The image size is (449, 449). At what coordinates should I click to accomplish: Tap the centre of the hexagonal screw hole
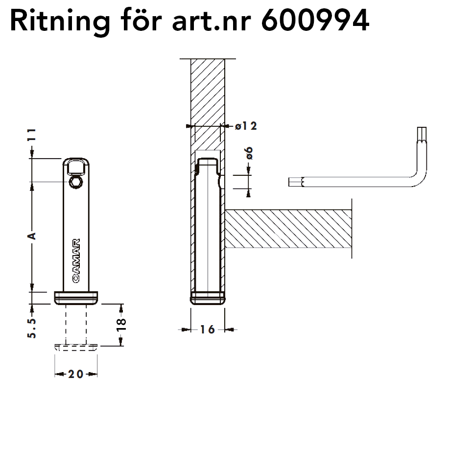76,182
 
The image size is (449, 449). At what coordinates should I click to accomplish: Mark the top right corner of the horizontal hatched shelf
352,210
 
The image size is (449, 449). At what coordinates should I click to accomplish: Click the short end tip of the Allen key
289,182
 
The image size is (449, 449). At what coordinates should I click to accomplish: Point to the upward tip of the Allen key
422,127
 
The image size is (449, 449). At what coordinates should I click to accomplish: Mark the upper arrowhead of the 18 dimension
120,308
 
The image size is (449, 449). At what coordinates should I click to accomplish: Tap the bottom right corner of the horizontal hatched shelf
352,248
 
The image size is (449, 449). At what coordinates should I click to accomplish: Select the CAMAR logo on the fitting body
76,260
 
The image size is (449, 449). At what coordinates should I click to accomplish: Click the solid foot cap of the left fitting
76,298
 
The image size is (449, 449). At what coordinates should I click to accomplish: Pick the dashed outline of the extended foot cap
76,348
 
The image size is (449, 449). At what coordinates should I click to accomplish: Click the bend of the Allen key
420,180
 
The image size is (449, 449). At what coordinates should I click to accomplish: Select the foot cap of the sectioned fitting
208,298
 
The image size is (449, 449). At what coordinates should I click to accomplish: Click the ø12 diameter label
246,126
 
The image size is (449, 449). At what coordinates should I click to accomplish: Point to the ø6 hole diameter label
249,153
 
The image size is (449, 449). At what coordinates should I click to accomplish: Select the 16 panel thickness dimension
208,330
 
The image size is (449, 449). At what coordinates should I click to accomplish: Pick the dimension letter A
32,236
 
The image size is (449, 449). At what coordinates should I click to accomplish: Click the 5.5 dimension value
32,328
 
